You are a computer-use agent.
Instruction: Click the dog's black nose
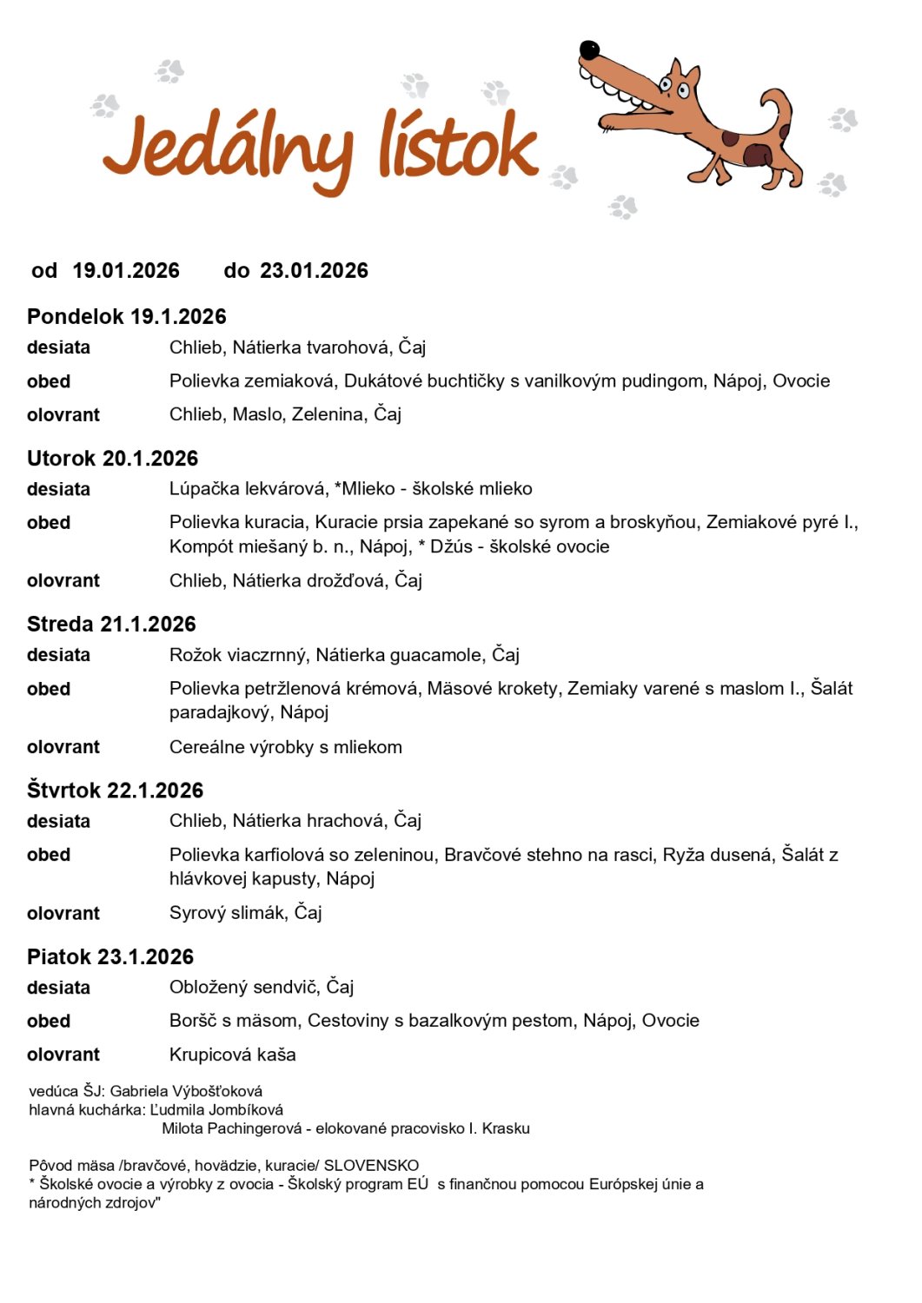(589, 50)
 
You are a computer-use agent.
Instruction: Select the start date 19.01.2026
(126, 271)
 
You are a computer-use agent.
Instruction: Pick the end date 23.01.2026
(314, 271)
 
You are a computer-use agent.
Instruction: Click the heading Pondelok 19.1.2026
(127, 316)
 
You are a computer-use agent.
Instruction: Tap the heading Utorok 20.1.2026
(113, 458)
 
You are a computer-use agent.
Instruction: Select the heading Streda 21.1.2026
(112, 624)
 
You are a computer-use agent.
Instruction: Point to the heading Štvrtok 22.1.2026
(116, 790)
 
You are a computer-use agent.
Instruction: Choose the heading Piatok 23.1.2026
(110, 956)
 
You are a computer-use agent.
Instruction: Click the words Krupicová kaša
(233, 1055)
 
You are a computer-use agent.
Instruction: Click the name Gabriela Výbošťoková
(186, 1091)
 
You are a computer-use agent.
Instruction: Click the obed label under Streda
(49, 689)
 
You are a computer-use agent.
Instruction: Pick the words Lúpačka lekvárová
(249, 488)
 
